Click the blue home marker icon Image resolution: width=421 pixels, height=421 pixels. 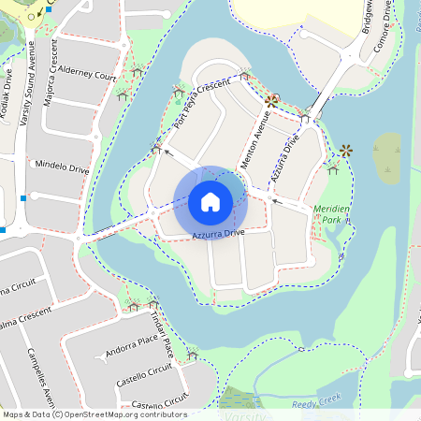coord(210,201)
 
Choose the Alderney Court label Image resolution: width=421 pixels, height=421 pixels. coord(87,74)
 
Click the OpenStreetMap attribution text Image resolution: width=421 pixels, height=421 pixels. coord(94,414)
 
